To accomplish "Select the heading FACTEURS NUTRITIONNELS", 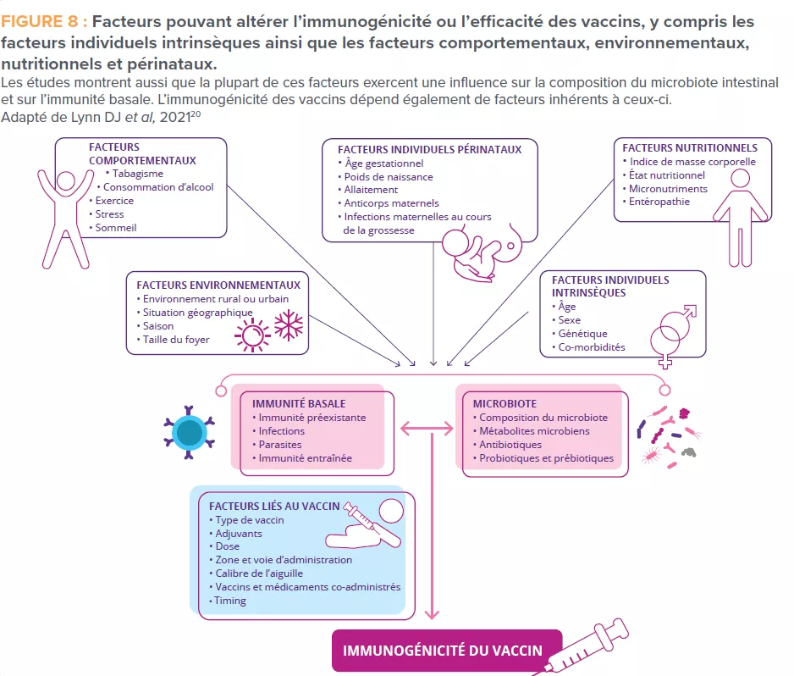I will click(690, 147).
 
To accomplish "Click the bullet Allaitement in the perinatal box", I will click(371, 190).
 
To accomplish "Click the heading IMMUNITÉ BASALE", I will click(299, 404).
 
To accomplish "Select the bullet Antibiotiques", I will click(510, 445).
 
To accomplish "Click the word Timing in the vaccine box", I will click(230, 601).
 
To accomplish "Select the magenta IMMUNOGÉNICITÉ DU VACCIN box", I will click(446, 651).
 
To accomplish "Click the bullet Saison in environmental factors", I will click(158, 326).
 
